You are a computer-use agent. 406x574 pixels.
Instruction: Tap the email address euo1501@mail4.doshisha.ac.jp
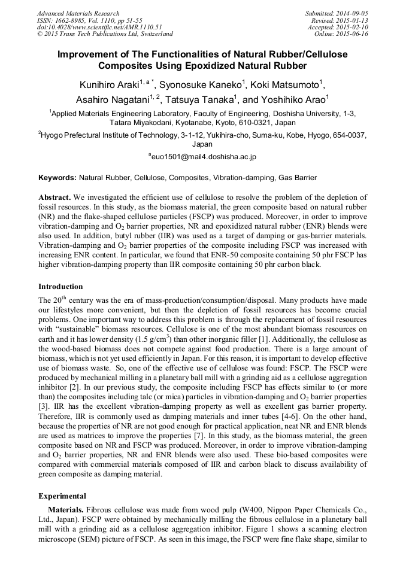tap(202, 157)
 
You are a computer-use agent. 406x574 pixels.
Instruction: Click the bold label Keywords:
tap(57, 178)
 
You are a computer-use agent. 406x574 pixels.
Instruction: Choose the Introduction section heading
tap(60, 287)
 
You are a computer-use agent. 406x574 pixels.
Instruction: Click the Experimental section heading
tap(63, 496)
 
